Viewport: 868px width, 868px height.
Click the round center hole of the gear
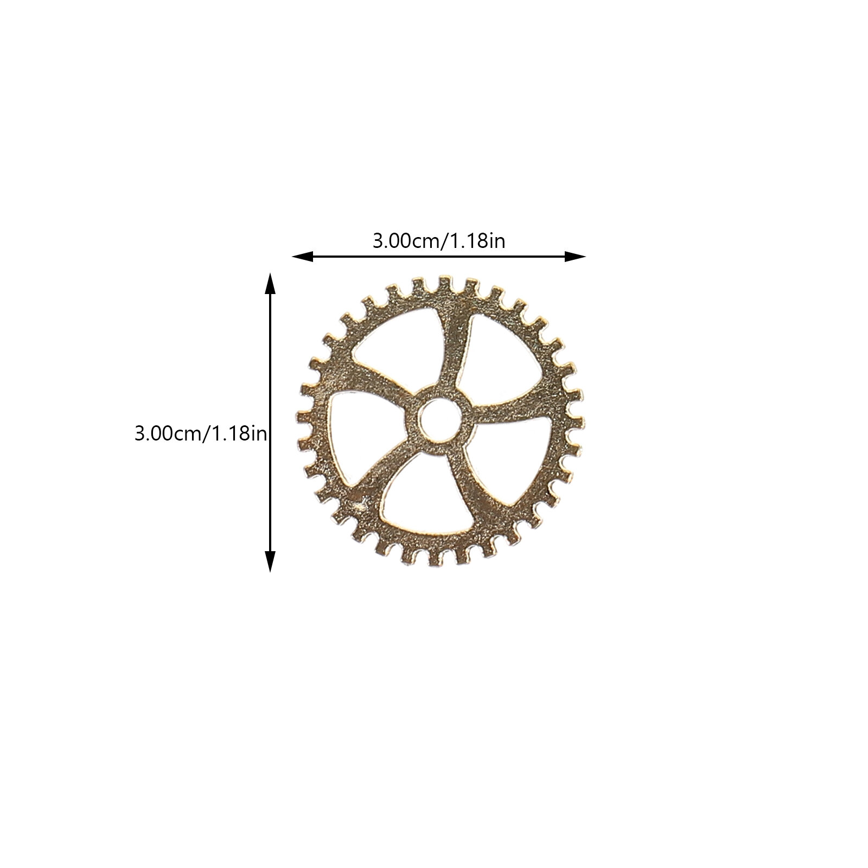[440, 420]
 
